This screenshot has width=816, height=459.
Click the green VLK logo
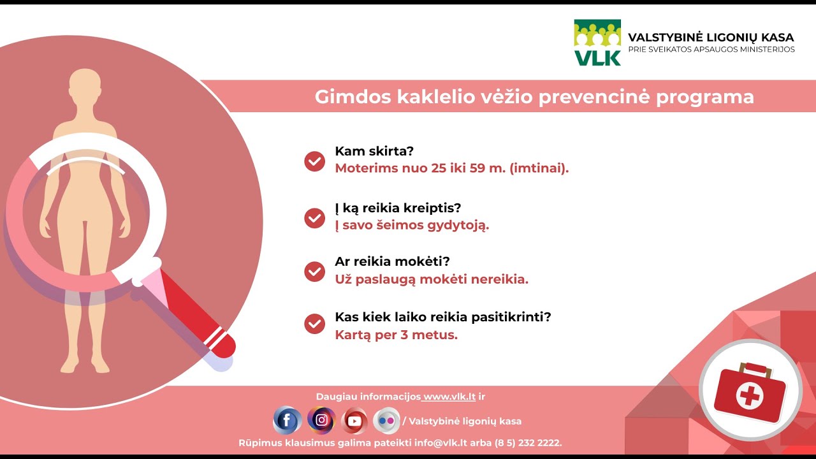click(597, 42)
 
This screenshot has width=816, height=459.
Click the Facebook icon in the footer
click(287, 420)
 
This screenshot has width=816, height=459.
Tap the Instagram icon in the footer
click(321, 420)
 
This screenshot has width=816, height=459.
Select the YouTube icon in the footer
click(354, 421)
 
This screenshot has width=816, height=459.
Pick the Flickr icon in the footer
click(386, 421)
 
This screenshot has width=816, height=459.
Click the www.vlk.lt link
click(449, 397)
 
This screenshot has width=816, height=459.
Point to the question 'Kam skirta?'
click(374, 152)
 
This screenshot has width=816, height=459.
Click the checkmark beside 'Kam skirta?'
click(315, 161)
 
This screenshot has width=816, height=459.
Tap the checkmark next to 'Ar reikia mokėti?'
click(315, 272)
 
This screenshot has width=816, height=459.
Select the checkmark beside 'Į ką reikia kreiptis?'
click(315, 218)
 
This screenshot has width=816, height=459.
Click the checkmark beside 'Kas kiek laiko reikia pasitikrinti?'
click(315, 324)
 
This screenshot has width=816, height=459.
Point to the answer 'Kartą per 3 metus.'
click(396, 335)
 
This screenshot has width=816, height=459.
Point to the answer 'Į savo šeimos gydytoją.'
click(412, 225)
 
